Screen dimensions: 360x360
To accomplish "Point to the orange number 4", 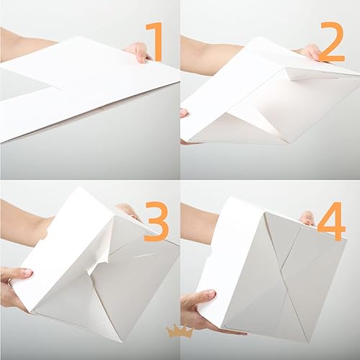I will point(331,225).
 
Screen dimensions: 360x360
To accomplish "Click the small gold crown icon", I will point(176,331).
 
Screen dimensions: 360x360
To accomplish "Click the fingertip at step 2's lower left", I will point(184,112).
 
